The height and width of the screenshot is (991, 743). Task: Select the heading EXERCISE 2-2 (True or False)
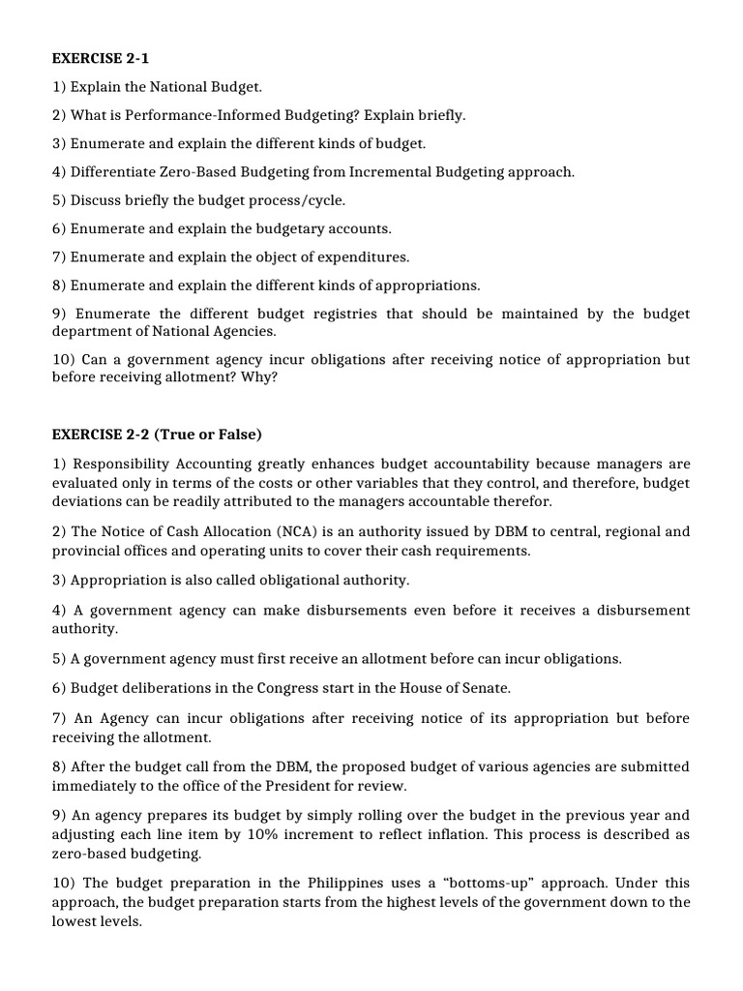tap(157, 434)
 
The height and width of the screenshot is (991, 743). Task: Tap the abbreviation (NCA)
tap(268, 532)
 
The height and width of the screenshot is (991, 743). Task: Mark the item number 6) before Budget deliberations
tap(59, 688)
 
